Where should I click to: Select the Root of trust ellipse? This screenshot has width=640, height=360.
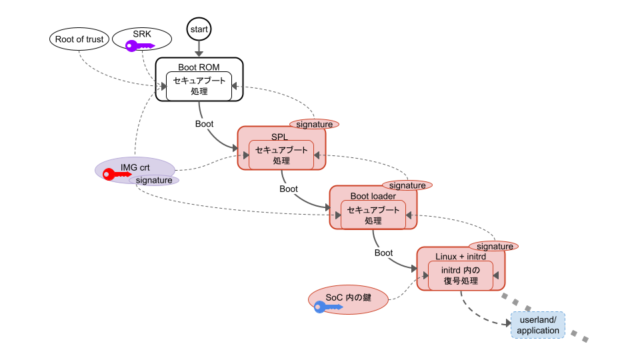point(79,39)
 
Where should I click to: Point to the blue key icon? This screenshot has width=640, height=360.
point(328,307)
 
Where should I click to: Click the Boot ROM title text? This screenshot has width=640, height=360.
point(199,67)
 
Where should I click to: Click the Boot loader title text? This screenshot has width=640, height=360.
point(373,196)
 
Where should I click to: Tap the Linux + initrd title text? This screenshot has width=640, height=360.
point(460,257)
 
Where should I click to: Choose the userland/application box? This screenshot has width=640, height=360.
point(538,325)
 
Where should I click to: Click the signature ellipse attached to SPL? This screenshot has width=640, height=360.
point(314,124)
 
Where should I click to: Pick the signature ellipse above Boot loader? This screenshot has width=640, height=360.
point(407,185)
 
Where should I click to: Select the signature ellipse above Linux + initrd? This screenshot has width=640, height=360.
point(494,246)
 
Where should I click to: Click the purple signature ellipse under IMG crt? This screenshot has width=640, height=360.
point(154,180)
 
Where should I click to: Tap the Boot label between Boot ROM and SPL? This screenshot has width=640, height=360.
point(204,124)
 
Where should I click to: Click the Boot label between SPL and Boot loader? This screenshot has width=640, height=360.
point(289,189)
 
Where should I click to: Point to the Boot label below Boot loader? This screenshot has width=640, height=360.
point(383,253)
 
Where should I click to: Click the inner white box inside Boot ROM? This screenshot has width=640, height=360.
point(199,86)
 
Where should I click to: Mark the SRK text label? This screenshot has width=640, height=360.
point(142,34)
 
